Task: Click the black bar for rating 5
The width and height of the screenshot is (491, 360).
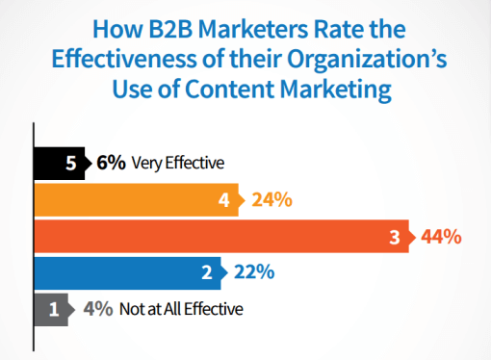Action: [58, 163]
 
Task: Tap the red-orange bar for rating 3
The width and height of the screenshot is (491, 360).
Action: [221, 236]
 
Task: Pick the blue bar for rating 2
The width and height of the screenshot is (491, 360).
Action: [125, 272]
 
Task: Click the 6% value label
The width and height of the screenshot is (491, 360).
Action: [111, 163]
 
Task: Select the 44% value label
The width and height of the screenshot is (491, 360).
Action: [441, 237]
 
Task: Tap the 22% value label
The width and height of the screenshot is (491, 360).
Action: [254, 272]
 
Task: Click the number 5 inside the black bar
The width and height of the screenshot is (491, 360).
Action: [71, 163]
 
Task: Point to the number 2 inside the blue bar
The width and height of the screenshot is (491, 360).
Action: [207, 272]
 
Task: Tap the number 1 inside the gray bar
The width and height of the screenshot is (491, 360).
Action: [54, 309]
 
